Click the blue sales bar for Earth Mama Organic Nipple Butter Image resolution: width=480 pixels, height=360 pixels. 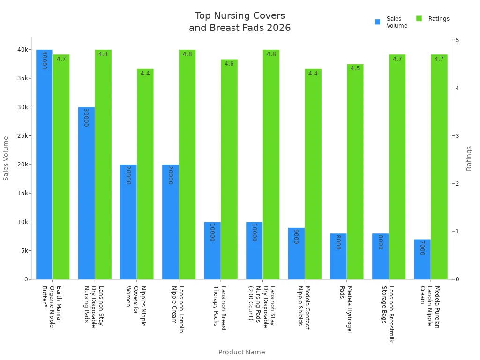point(44,164)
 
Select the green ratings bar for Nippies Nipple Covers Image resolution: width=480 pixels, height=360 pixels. point(145,174)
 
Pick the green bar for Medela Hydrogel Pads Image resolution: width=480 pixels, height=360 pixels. point(355,172)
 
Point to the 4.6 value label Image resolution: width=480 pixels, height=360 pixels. point(229,64)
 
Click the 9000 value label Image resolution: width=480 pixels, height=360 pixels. point(296,236)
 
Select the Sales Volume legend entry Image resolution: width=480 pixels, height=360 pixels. point(391,22)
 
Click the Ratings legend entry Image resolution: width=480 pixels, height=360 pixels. point(433,19)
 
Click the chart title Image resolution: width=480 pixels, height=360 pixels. point(240,22)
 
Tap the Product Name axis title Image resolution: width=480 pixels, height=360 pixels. point(241,352)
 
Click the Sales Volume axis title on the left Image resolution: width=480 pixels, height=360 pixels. point(6,158)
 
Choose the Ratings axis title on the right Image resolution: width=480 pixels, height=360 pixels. point(469,158)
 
